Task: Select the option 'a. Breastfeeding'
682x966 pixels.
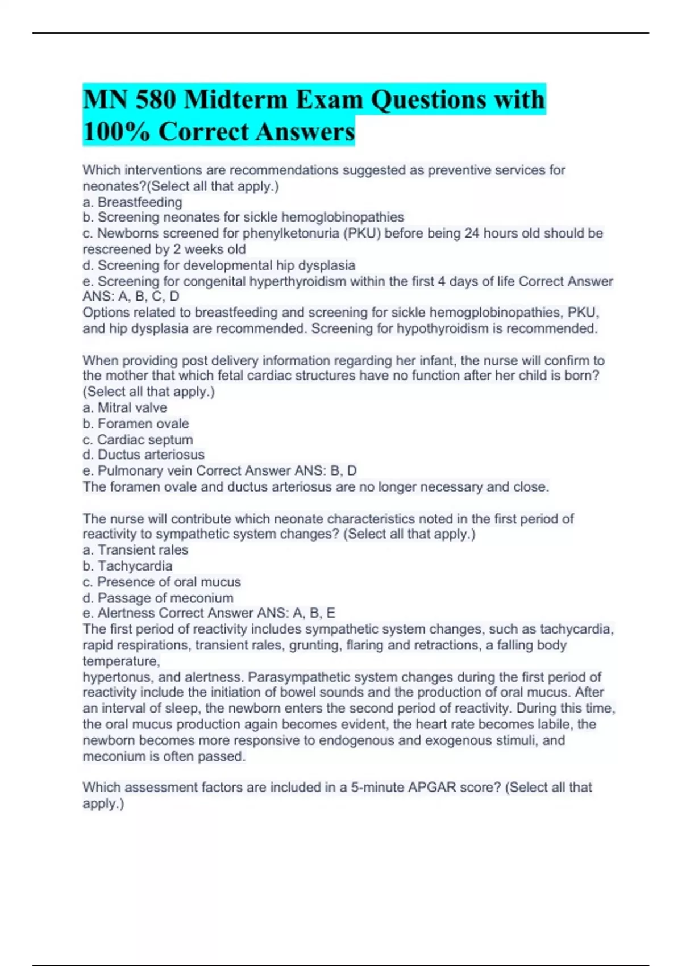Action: coord(132,202)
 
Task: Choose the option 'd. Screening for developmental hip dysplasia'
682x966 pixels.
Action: coord(219,265)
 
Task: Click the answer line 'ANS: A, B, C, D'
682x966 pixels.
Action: coord(131,297)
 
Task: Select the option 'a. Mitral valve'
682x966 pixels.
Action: coord(125,407)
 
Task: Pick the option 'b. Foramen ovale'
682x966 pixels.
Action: coord(136,423)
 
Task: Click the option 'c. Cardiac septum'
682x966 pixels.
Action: coord(138,439)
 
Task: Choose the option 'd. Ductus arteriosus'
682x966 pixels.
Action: coord(144,455)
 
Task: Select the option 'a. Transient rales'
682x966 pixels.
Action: coord(135,550)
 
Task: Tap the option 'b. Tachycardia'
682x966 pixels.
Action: coord(127,566)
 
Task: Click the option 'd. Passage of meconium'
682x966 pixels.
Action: coord(158,598)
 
